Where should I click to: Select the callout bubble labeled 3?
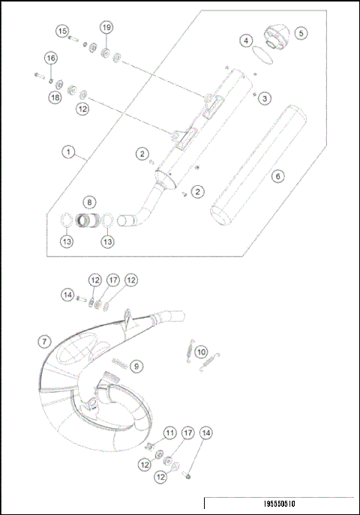pos(265,98)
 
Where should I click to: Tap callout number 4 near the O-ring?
pos(246,40)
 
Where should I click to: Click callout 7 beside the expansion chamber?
pos(44,341)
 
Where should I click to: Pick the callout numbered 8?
pos(89,202)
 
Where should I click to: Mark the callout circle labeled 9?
pos(136,366)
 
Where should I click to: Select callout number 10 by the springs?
pos(200,351)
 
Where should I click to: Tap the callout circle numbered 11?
pos(170,433)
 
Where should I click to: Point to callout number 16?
pos(50,58)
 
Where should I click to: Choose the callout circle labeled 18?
pos(55,97)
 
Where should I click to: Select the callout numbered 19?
pos(106,27)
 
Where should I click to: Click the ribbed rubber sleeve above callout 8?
pos(90,221)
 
